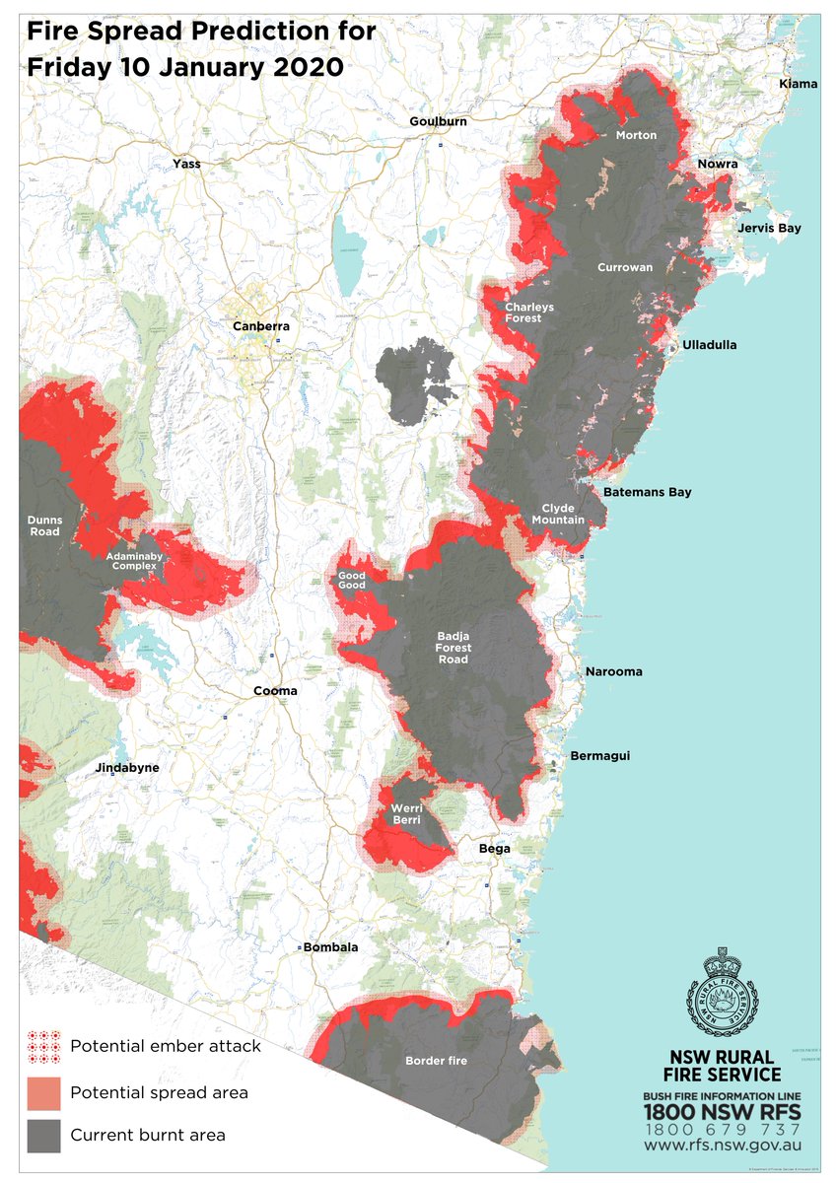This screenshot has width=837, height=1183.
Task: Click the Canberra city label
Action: (260, 326)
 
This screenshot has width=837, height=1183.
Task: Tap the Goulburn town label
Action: (438, 121)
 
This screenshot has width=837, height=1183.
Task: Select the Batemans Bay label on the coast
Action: (648, 492)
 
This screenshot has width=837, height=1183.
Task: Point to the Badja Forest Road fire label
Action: (453, 648)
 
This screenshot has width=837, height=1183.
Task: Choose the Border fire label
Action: (436, 1061)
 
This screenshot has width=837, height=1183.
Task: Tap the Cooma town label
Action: (275, 691)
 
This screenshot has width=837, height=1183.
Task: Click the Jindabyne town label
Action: (127, 767)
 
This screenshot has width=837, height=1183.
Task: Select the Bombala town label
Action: (330, 947)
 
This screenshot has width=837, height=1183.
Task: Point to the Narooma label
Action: (613, 671)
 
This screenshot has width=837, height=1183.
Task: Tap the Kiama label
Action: (798, 84)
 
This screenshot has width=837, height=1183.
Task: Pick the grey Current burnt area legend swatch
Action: (43, 1135)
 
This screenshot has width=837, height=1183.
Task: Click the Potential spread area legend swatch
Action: (43, 1092)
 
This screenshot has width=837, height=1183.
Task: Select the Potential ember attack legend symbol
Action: (43, 1046)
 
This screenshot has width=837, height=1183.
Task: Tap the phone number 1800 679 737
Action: (722, 1128)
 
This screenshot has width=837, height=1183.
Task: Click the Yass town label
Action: (185, 164)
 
